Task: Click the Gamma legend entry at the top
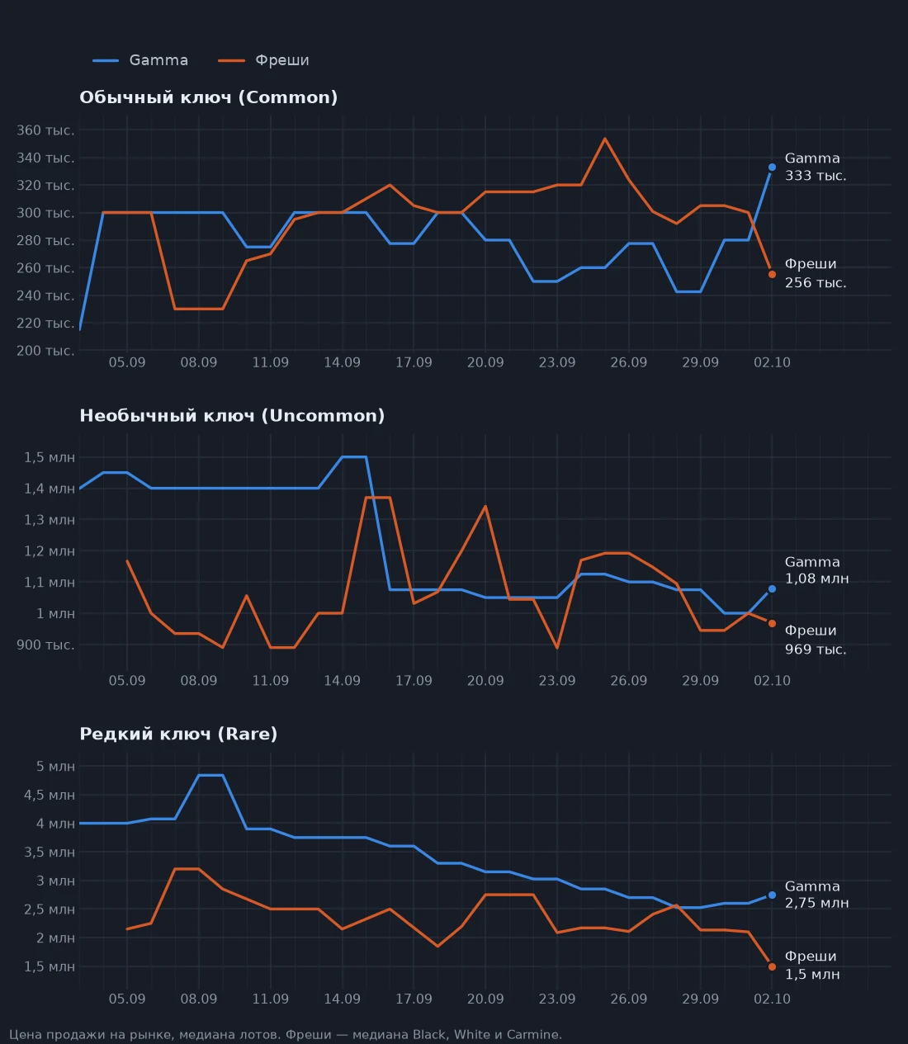(x=140, y=60)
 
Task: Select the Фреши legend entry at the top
(x=263, y=60)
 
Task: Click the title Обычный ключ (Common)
(x=208, y=97)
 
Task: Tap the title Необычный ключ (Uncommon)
(x=232, y=415)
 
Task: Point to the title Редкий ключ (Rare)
(x=178, y=734)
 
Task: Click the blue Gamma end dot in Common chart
(x=772, y=168)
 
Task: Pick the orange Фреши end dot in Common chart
(x=772, y=275)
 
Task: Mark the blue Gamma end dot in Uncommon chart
(x=772, y=588)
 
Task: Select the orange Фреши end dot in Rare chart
(x=772, y=966)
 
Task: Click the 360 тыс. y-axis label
(x=45, y=130)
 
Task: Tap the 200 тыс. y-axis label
(x=45, y=351)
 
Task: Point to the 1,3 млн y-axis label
(x=49, y=520)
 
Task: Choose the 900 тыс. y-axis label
(x=45, y=645)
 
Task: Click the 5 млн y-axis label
(x=55, y=767)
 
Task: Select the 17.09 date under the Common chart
(x=414, y=362)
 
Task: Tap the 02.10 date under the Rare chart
(x=772, y=999)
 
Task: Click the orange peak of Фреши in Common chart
(x=605, y=139)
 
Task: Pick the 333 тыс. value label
(x=815, y=176)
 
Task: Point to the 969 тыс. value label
(x=815, y=649)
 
